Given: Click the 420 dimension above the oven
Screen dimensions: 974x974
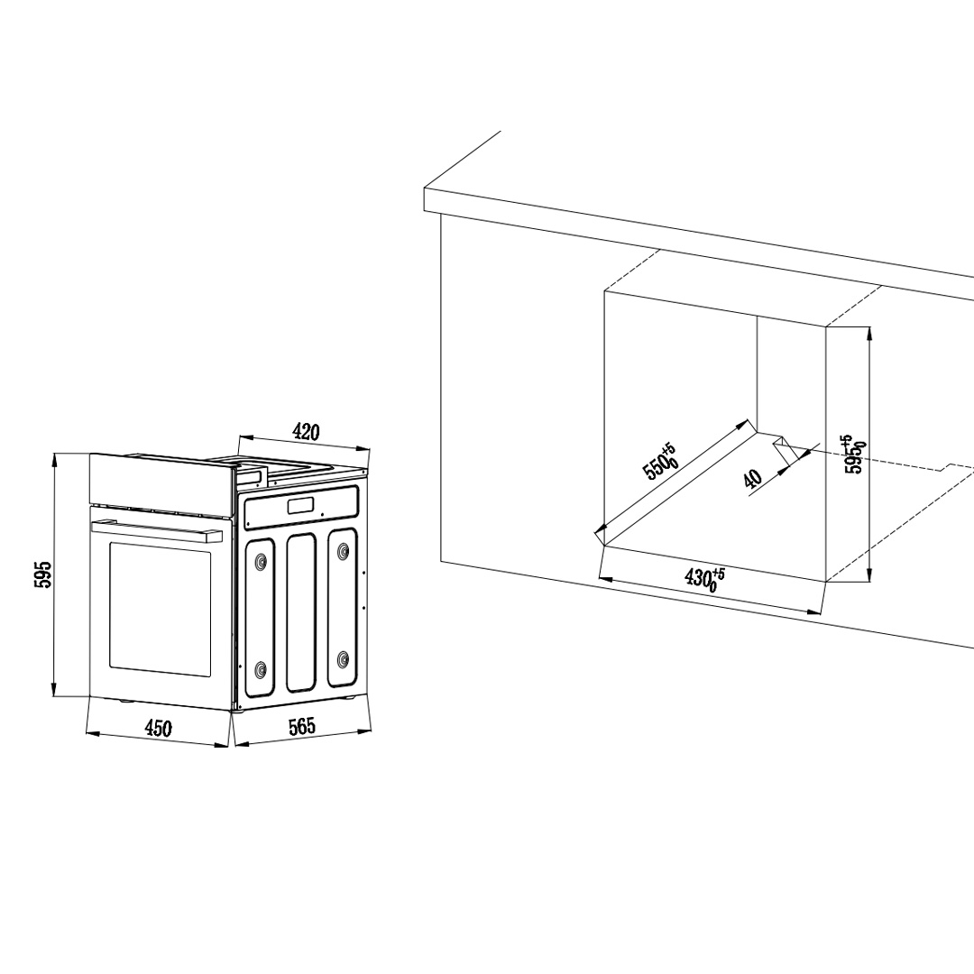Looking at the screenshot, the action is coord(306,431).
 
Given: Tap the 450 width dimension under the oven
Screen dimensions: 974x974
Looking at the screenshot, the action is coord(158,728).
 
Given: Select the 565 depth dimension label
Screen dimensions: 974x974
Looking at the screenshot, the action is coord(302,725).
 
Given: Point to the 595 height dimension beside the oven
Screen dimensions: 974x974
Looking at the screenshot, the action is coord(41,574).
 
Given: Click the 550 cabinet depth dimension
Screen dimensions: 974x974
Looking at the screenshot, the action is coord(659,460).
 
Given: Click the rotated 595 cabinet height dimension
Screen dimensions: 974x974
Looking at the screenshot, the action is coord(855,454).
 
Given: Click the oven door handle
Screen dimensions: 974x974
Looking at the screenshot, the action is coord(157,531).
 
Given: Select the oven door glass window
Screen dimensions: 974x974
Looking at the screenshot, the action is coord(161,610).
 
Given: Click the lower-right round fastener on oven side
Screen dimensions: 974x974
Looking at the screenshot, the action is coord(343,659).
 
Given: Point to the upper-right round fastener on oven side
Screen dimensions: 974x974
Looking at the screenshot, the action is coord(343,551).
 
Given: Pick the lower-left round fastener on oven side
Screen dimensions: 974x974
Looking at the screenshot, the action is coord(262,669).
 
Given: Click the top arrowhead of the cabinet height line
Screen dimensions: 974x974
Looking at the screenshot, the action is coord(869,332).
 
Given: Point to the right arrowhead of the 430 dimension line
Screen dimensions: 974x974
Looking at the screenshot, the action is coord(814,611).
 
